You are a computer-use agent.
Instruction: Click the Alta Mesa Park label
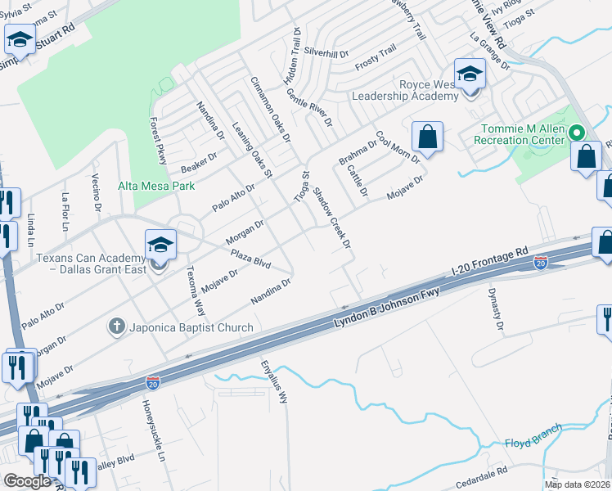click(x=155, y=186)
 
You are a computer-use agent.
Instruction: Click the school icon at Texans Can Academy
click(x=160, y=245)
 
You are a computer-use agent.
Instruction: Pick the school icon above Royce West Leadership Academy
click(x=470, y=74)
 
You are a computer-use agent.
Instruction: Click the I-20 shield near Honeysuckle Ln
click(x=152, y=382)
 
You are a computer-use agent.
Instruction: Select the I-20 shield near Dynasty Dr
click(x=540, y=263)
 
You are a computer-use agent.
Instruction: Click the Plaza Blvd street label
click(x=250, y=259)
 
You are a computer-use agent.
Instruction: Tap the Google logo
click(x=27, y=481)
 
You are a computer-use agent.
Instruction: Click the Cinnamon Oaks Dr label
click(x=271, y=109)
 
